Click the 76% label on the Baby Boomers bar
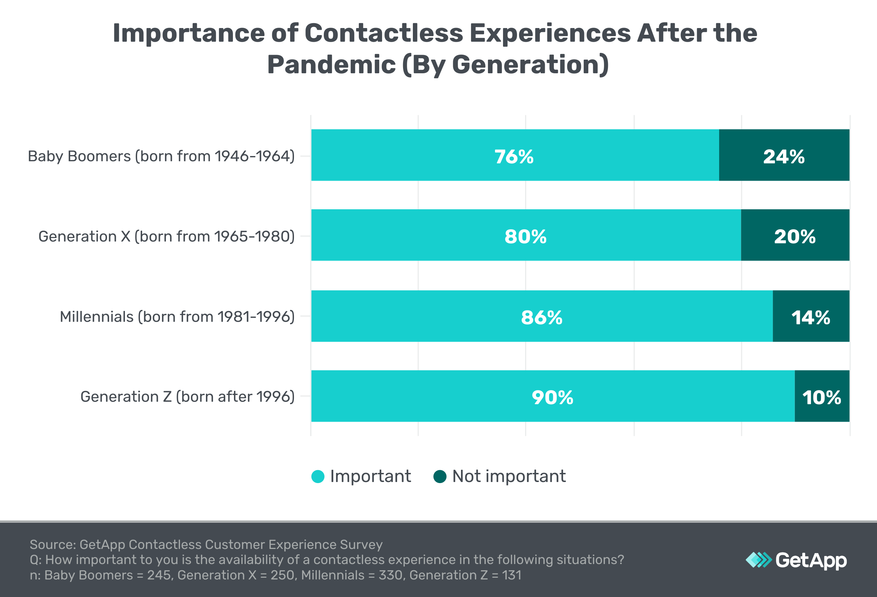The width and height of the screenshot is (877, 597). (x=514, y=156)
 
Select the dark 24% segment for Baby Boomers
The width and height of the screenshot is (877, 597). (x=784, y=156)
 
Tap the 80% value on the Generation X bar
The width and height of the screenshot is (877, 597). (x=525, y=237)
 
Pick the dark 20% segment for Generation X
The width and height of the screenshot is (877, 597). (x=795, y=237)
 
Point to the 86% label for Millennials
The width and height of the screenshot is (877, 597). (x=542, y=317)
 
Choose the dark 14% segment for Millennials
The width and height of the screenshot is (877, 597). (x=811, y=317)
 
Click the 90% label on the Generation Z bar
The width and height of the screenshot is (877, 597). (x=553, y=397)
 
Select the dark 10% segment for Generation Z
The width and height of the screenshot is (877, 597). (x=822, y=397)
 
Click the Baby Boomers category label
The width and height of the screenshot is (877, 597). (x=161, y=156)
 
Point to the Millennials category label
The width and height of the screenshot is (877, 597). (x=177, y=317)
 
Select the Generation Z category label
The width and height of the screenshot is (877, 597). (x=187, y=397)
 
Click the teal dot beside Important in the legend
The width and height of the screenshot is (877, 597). (x=318, y=476)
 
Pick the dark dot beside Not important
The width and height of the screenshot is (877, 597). (x=440, y=476)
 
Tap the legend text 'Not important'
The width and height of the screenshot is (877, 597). (x=509, y=476)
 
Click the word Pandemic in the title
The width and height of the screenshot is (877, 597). (x=331, y=65)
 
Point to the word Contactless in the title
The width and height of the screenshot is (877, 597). (x=383, y=33)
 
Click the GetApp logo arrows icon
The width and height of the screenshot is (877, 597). (x=758, y=559)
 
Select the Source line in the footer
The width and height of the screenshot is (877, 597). (x=206, y=544)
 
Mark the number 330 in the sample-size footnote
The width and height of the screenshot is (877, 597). (x=390, y=575)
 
